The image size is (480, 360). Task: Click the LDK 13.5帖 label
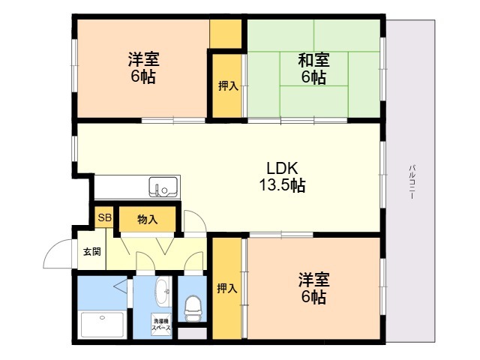point(282,177)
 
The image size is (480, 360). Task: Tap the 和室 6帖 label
point(313,68)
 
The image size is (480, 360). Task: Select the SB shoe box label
point(104,217)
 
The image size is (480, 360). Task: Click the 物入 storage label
point(148,220)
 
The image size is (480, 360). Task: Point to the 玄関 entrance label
point(92,252)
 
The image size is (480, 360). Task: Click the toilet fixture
point(193,308)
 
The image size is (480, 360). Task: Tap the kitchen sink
point(163,187)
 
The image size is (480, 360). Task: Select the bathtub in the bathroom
point(102,325)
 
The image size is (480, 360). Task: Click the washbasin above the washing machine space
point(163,291)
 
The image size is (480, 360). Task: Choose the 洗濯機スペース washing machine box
point(161,325)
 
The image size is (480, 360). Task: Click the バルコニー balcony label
point(412,182)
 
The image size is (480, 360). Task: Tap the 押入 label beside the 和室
point(228,86)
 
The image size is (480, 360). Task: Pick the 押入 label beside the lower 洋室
point(227,288)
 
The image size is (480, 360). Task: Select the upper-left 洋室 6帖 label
point(143,68)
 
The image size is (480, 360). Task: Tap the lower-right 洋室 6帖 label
point(314,288)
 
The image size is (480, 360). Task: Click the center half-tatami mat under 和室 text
point(314,69)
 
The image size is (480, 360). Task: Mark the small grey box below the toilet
point(193,334)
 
